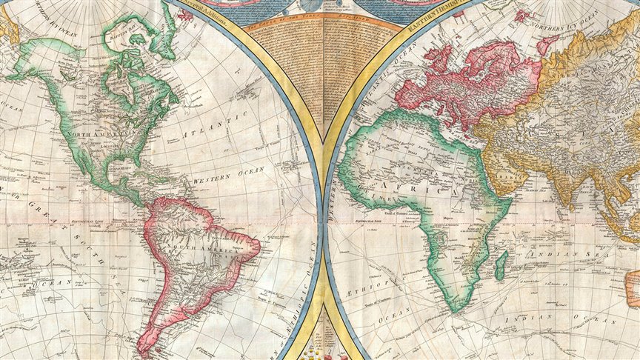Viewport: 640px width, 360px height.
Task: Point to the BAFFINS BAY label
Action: pyautogui.click(x=123, y=35)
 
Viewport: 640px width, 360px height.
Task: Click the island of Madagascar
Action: pyautogui.click(x=501, y=264)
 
